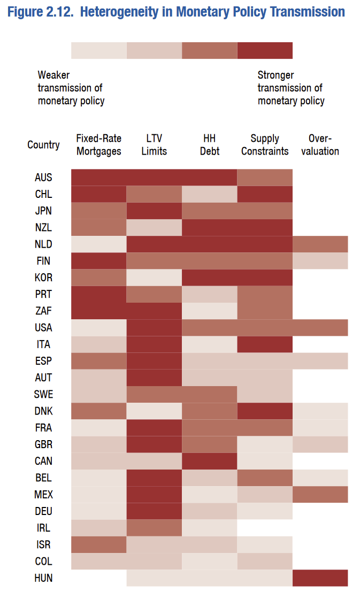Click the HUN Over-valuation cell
(320, 578)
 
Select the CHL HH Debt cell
(210, 194)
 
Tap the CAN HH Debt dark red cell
(210, 460)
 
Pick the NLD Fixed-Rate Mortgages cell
(99, 244)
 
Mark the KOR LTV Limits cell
(154, 277)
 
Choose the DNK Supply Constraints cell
(265, 411)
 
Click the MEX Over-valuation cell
(320, 494)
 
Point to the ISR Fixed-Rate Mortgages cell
(99, 544)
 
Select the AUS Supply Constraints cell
(265, 177)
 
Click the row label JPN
(43, 211)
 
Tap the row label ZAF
(43, 311)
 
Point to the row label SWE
(43, 394)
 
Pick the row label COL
(43, 562)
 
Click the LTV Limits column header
(154, 145)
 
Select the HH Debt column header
(210, 145)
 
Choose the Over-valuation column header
(320, 145)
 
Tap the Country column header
(43, 145)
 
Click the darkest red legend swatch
(265, 50)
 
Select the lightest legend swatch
(99, 50)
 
